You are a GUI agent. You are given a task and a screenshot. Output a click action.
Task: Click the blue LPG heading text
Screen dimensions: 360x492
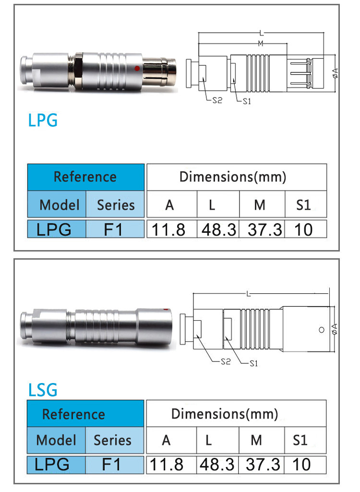pos(43,120)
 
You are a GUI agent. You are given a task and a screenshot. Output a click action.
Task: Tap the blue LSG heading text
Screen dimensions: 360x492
pos(43,390)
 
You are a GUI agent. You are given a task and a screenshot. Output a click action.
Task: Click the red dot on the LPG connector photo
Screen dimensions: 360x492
pos(137,68)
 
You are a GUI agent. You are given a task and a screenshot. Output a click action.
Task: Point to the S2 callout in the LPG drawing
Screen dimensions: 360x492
pos(217,100)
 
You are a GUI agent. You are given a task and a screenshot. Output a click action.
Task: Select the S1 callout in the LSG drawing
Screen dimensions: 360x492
pos(253,363)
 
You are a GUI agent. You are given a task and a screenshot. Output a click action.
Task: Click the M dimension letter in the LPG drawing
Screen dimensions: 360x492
pos(261,43)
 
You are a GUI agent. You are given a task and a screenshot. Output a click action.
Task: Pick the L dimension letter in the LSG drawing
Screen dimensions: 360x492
pos(249,294)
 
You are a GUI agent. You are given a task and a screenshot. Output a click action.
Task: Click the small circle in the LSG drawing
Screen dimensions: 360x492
pos(322,330)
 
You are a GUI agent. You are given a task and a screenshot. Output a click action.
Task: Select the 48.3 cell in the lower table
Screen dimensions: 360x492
pos(217,464)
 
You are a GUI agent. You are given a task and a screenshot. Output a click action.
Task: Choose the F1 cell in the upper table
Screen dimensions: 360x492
pos(115,229)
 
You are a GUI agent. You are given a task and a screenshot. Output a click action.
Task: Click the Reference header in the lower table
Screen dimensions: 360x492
pos(74,414)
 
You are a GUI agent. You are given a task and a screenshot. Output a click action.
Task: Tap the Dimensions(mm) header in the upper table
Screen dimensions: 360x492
pos(233,177)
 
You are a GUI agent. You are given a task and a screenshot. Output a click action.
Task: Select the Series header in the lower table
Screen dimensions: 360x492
pos(113,440)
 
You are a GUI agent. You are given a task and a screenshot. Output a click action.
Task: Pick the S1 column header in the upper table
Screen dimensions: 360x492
pos(303,205)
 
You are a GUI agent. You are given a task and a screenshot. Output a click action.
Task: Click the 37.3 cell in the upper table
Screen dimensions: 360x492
pos(265,230)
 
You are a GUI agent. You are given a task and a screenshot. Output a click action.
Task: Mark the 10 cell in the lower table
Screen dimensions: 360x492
pos(301,464)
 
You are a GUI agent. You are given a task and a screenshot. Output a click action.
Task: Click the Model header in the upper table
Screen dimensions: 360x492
pos(60,205)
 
